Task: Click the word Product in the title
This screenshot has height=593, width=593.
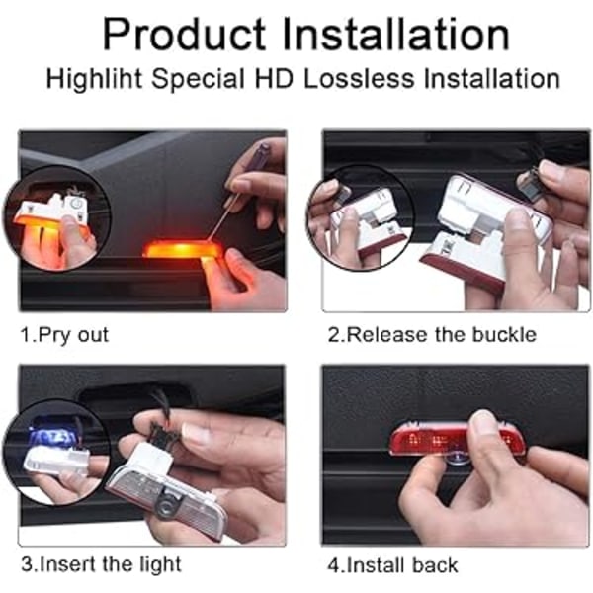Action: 185,35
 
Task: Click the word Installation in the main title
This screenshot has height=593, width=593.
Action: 396,34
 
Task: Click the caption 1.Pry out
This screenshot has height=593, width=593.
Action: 64,335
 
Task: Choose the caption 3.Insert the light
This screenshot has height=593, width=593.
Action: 101,564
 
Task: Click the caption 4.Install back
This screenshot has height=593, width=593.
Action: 393,565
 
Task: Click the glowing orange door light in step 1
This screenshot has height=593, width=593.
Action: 182,250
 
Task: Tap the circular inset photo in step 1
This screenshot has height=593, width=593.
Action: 56,223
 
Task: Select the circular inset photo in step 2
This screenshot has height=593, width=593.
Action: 360,217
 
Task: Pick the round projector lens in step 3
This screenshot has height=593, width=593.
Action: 166,504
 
